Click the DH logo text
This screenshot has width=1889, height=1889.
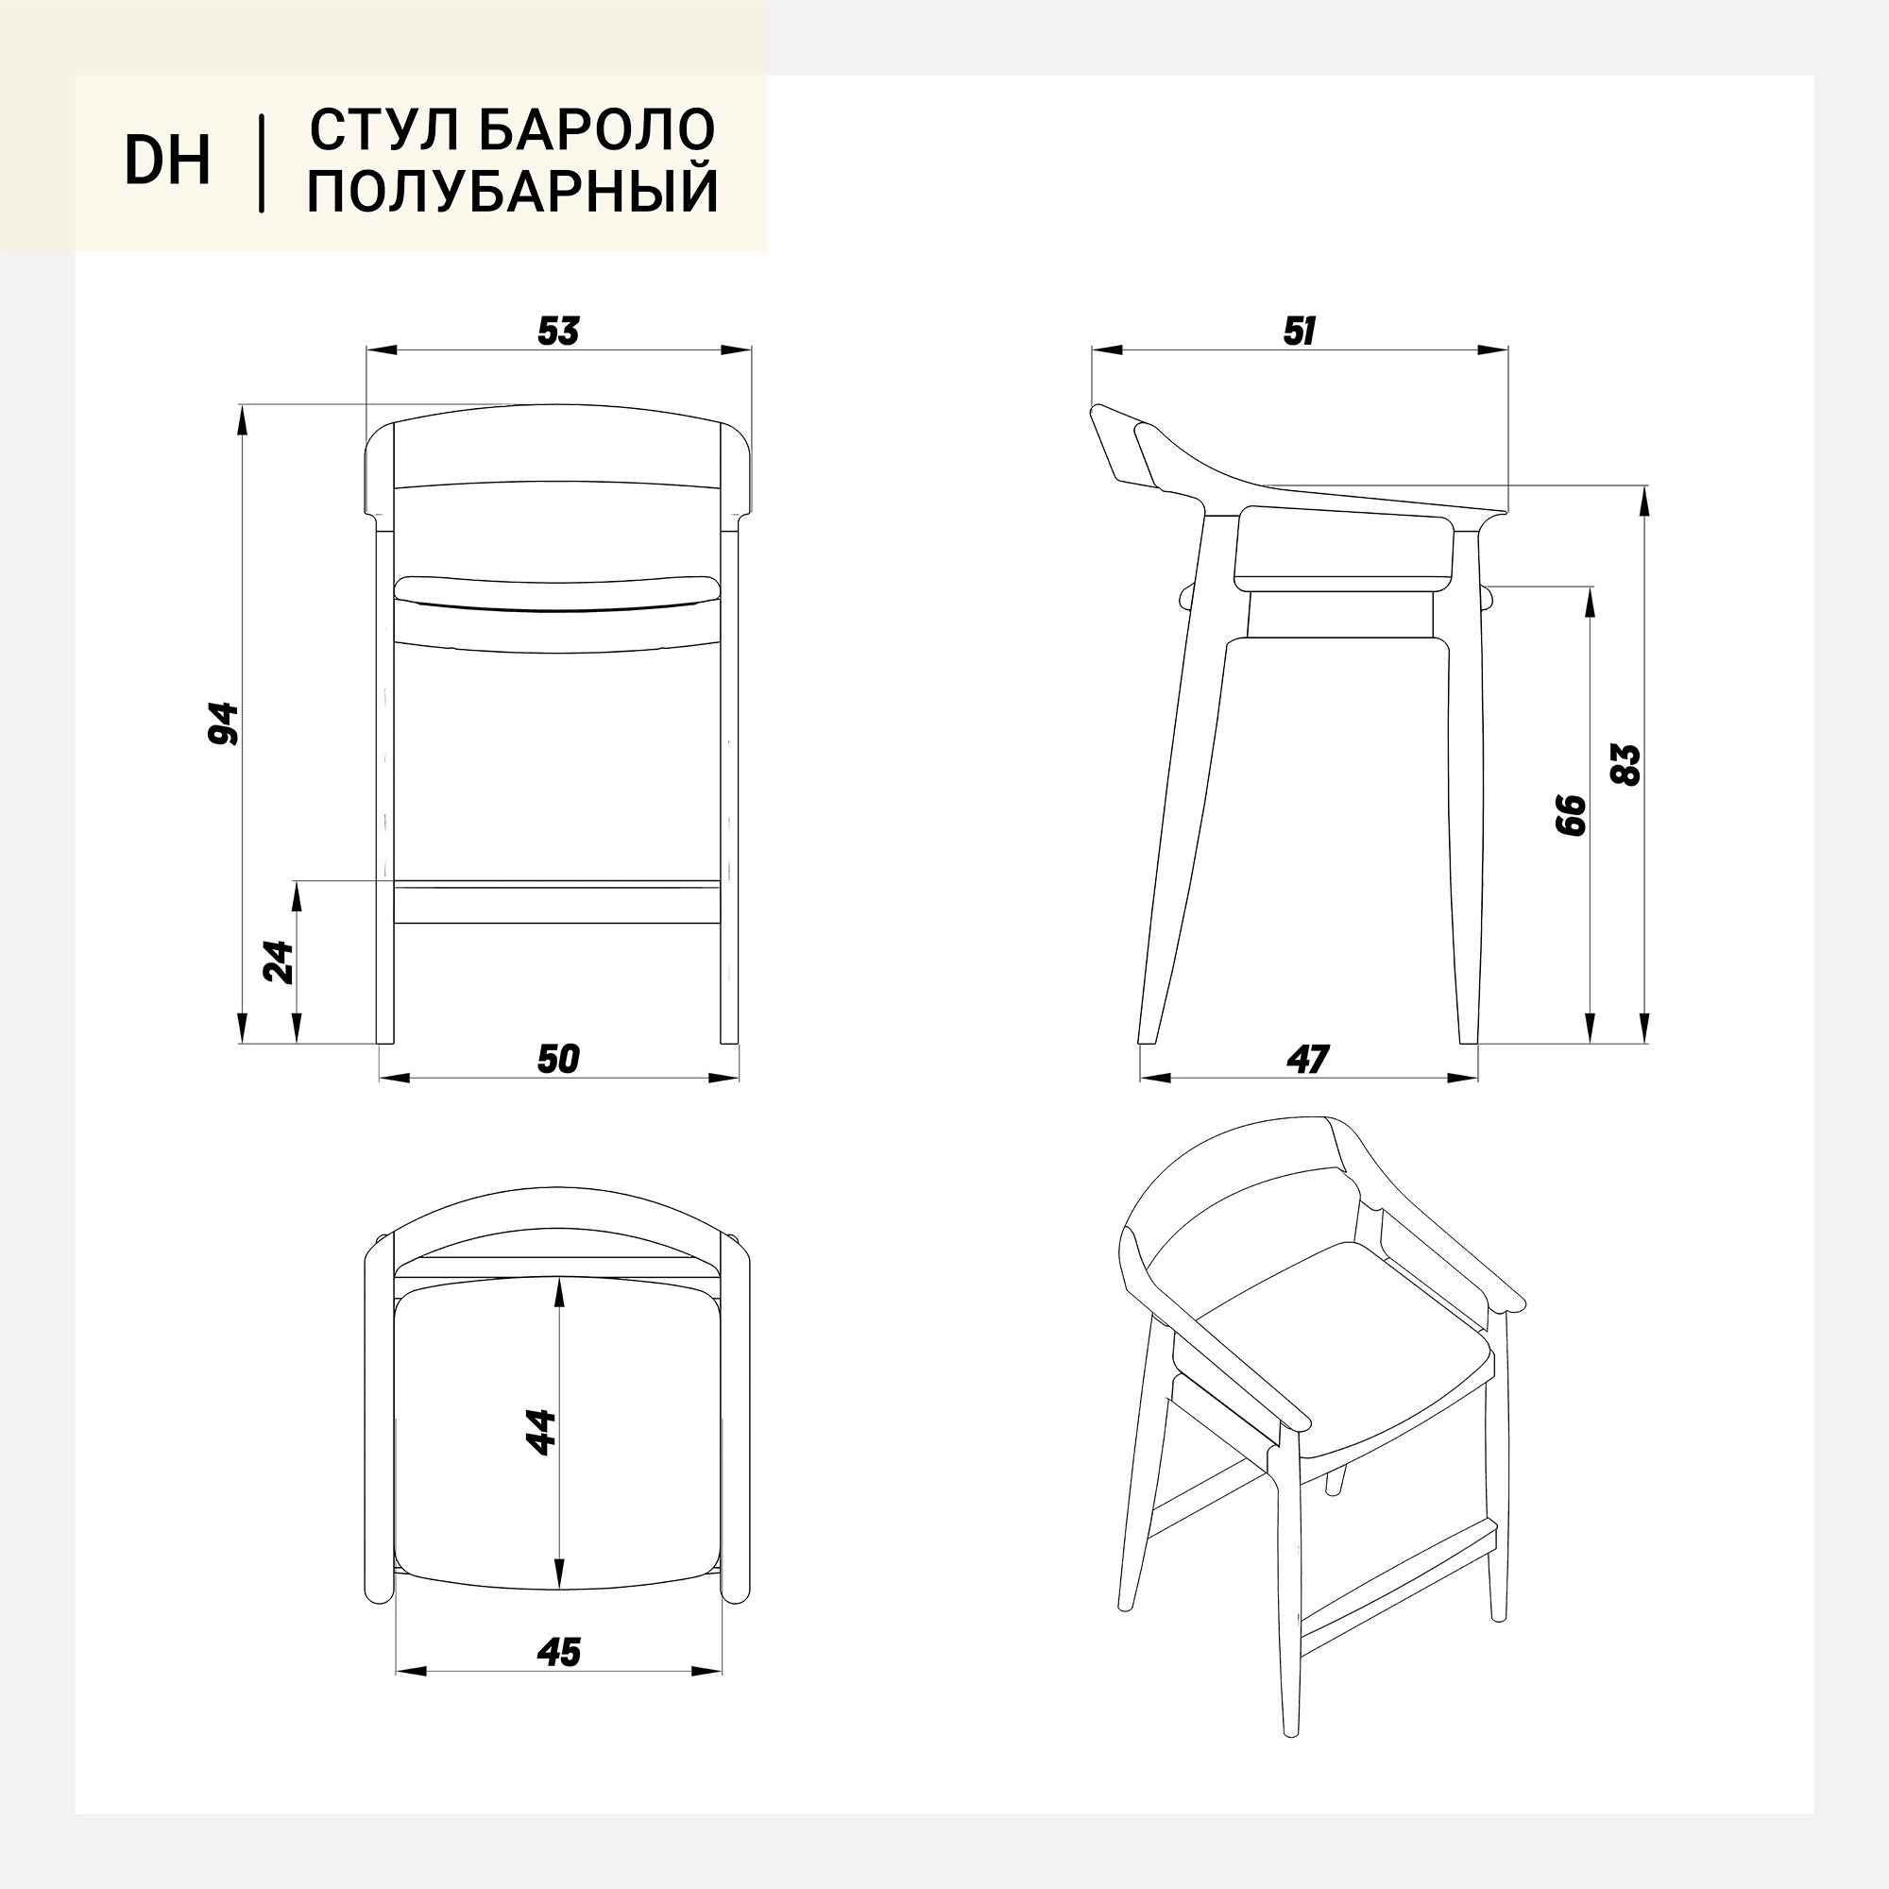pos(167,162)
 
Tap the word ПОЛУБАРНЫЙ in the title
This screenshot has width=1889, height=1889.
pos(513,190)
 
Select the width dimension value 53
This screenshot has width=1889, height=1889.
pos(559,332)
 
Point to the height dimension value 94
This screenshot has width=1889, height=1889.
pos(224,723)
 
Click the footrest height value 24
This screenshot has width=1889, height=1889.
pos(279,962)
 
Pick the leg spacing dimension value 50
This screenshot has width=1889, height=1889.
pos(559,1059)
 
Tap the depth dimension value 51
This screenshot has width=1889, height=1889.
pos(1299,332)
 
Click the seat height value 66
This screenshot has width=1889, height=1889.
pos(1569,813)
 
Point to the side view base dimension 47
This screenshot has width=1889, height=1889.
pos(1308,1059)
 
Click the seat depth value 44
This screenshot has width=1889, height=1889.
pos(539,1432)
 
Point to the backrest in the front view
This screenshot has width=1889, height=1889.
pos(558,445)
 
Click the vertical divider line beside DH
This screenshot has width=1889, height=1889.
pos(261,162)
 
